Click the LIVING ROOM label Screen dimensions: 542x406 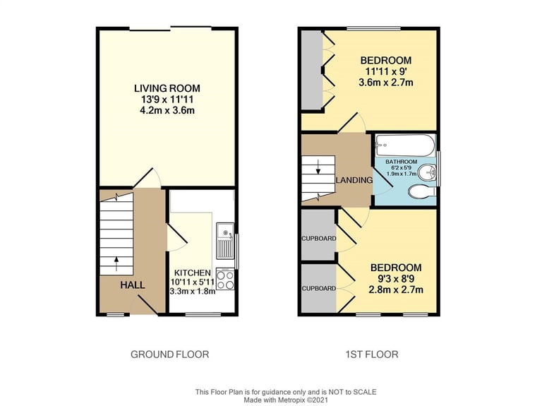(167, 88)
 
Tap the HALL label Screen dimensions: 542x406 (133, 285)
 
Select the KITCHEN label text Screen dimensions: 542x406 (192, 273)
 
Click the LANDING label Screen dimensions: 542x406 (354, 180)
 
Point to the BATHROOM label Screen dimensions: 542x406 (402, 162)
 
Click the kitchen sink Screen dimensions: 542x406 (225, 241)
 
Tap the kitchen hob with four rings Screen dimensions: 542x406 (225, 279)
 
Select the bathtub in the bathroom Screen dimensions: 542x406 (405, 145)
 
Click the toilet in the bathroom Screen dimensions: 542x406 (422, 191)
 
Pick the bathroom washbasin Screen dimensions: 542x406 (427, 172)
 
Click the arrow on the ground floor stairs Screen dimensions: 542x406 (116, 263)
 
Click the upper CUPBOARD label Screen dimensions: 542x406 (319, 239)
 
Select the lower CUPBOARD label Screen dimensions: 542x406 (319, 288)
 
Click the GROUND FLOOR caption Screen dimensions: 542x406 (169, 354)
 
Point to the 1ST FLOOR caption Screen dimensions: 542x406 (372, 354)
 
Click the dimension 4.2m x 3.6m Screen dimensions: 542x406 (167, 111)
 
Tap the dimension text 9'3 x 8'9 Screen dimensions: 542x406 (396, 279)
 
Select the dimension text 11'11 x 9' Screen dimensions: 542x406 (386, 71)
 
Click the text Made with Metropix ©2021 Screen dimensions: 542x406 (286, 400)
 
